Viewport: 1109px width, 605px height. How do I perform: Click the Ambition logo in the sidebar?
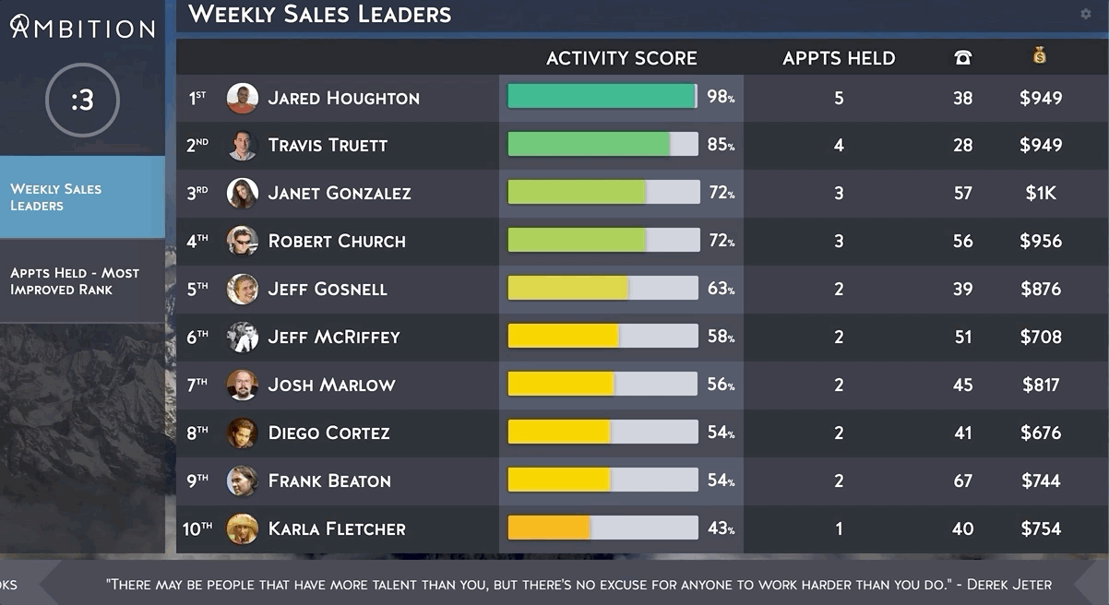[x=82, y=27]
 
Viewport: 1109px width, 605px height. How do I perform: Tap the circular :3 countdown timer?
[x=82, y=100]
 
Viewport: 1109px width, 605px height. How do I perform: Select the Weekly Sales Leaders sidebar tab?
[x=82, y=196]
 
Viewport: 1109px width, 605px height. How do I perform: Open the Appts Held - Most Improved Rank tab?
[x=82, y=280]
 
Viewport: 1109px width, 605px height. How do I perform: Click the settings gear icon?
[x=1085, y=14]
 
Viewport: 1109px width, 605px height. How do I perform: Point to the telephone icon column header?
[x=962, y=58]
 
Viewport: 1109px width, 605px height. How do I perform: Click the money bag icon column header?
[x=1040, y=57]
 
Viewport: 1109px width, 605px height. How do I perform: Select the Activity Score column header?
[x=621, y=58]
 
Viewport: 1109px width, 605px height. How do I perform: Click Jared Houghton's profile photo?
[x=242, y=98]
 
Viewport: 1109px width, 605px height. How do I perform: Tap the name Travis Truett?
[x=328, y=145]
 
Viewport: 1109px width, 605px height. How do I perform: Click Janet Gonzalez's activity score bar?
[x=602, y=192]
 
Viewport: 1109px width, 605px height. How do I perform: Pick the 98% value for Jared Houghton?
[x=721, y=97]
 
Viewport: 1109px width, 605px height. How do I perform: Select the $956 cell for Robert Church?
[x=1041, y=241]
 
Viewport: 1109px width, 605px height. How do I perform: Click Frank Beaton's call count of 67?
[x=962, y=480]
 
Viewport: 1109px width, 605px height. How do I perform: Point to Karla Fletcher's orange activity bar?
[x=549, y=528]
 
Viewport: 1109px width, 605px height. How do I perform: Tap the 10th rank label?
[x=197, y=528]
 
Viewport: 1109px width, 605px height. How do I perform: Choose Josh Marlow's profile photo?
[x=242, y=385]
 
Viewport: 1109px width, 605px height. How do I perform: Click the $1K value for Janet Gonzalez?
[x=1041, y=193]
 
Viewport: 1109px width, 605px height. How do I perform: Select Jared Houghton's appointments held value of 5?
[x=838, y=98]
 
